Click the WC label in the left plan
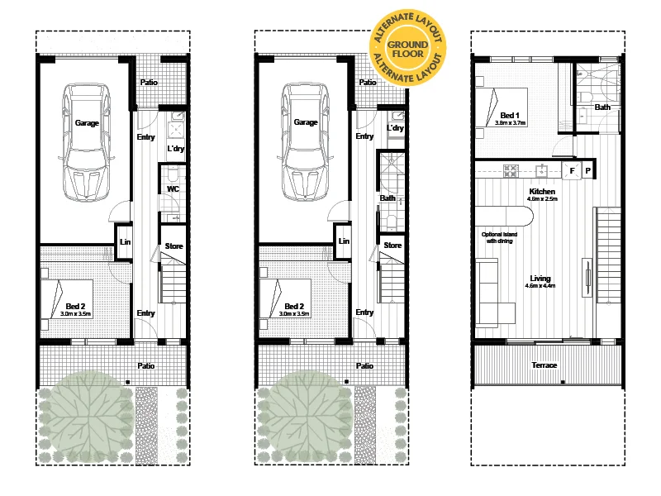[173, 189]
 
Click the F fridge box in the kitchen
[571, 171]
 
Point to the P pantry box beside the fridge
[587, 171]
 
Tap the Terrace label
[544, 365]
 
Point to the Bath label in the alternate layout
[388, 198]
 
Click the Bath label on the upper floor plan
[603, 107]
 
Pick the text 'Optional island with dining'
[499, 238]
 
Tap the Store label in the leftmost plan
[174, 246]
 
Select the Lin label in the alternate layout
[345, 241]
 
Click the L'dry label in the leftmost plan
[175, 149]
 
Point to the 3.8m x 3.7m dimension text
[511, 122]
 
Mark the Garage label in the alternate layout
[306, 122]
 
